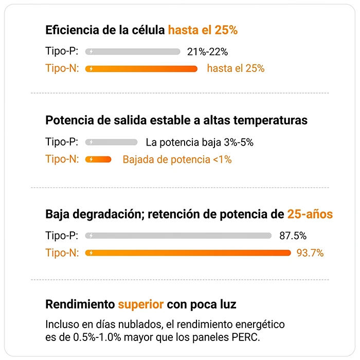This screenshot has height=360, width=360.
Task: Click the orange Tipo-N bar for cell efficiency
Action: tap(141, 69)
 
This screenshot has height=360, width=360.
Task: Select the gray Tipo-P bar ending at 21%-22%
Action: tap(133, 51)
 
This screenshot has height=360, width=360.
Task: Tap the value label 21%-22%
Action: tap(208, 51)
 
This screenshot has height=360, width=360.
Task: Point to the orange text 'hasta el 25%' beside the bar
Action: tap(236, 68)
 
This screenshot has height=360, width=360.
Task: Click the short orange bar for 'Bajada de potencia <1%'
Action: tap(98, 159)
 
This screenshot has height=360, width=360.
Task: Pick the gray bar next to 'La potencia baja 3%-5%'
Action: tap(112, 142)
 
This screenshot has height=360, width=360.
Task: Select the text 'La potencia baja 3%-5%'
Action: tap(200, 142)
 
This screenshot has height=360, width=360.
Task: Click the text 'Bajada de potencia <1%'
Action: tap(177, 159)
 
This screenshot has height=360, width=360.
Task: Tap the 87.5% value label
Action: tap(293, 236)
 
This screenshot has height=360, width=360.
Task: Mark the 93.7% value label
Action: tap(310, 253)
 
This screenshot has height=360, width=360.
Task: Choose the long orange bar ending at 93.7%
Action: tap(188, 253)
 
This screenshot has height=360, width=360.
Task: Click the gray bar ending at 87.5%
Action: tap(178, 236)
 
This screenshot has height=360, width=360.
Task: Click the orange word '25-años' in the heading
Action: tap(310, 214)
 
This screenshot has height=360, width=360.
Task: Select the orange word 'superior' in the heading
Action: tap(141, 304)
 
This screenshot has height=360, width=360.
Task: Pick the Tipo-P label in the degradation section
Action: tap(62, 236)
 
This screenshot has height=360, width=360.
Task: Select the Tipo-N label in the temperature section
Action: tap(62, 159)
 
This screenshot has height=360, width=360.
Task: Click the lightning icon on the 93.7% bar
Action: tap(91, 253)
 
